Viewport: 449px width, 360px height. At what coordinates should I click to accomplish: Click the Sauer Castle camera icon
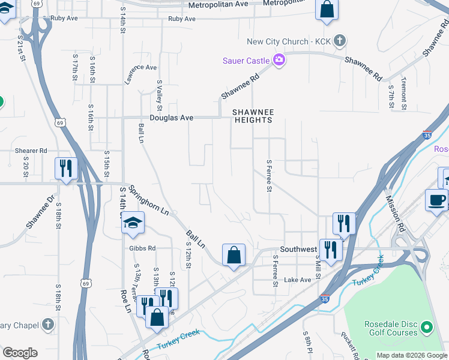coord(279,60)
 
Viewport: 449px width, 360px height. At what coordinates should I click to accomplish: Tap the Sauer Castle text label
coord(246,60)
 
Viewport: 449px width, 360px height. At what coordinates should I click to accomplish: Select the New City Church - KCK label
coord(289,41)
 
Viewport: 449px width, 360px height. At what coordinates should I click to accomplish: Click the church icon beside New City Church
coord(339,41)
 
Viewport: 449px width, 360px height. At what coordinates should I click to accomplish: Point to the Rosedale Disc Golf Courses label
coord(391,328)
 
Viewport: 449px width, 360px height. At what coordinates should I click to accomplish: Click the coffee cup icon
coord(436,199)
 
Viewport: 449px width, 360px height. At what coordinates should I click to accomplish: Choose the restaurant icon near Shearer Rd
coord(65,169)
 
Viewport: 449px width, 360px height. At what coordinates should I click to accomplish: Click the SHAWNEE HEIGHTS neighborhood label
coord(253,116)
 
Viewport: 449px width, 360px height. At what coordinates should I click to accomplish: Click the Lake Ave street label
coord(298,280)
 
